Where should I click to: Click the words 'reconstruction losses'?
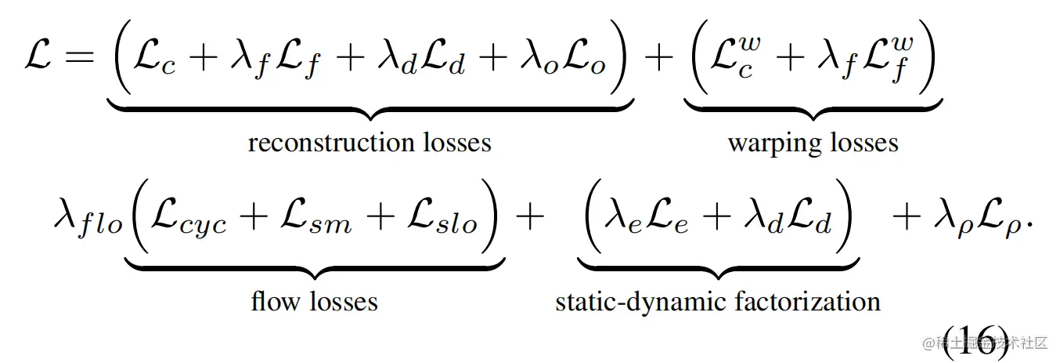point(370,143)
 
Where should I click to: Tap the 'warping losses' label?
point(813,143)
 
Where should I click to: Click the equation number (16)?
point(975,341)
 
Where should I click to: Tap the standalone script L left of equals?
point(38,59)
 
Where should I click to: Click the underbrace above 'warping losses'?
point(813,110)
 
